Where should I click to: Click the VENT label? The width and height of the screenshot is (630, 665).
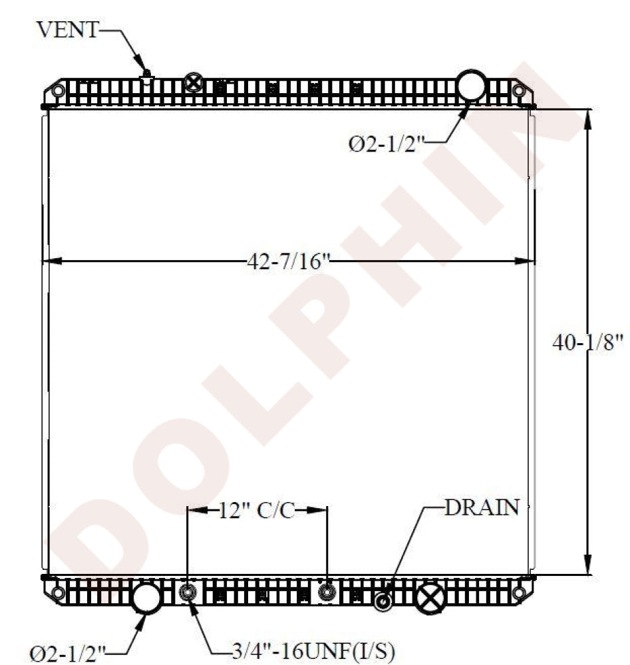(x=67, y=30)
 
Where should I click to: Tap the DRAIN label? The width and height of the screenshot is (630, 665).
(x=482, y=507)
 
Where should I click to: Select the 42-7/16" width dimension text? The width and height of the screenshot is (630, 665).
(x=289, y=261)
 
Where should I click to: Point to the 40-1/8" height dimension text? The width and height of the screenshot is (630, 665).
(x=588, y=342)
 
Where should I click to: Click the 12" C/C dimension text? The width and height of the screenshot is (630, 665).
(x=257, y=510)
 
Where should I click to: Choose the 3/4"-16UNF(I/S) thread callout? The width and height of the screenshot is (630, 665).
(x=313, y=650)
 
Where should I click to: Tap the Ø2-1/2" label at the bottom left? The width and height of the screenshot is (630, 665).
(x=67, y=653)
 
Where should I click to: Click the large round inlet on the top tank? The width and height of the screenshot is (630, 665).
(x=471, y=86)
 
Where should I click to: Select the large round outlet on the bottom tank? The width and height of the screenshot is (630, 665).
(x=146, y=598)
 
